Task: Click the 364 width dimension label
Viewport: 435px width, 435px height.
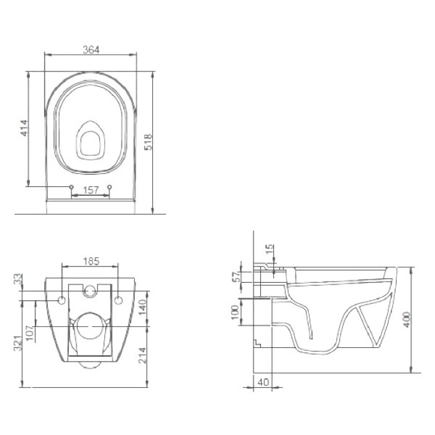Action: (91, 50)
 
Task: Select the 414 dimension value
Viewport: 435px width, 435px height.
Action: (24, 128)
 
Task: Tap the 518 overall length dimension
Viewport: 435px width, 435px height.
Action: (149, 142)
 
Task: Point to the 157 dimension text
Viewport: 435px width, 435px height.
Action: (91, 190)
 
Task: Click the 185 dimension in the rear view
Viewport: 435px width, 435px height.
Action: (91, 261)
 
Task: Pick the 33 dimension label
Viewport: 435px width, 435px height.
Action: (18, 279)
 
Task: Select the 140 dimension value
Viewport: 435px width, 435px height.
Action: (142, 308)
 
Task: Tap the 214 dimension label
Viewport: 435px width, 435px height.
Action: (142, 355)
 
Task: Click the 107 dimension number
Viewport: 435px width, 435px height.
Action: (30, 333)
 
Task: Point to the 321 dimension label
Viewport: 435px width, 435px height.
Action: (18, 343)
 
